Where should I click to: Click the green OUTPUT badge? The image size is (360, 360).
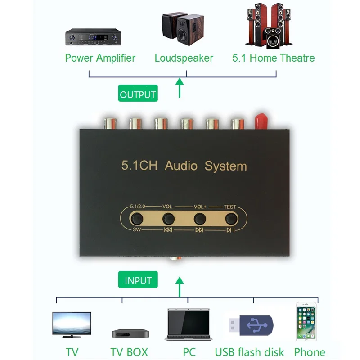(x=138, y=95)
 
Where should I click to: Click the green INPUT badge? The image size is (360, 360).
(x=138, y=280)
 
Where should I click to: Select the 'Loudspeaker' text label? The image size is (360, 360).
(x=184, y=58)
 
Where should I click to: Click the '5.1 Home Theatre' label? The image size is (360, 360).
(x=273, y=58)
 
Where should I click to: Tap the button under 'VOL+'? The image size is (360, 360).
(x=200, y=219)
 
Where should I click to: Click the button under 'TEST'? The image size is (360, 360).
(x=231, y=219)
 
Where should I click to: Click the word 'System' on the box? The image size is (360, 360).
(x=225, y=166)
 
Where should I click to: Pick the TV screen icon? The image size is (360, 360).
(x=72, y=324)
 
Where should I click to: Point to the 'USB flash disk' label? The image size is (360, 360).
(x=249, y=352)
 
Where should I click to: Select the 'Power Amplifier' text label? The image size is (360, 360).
(x=100, y=58)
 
